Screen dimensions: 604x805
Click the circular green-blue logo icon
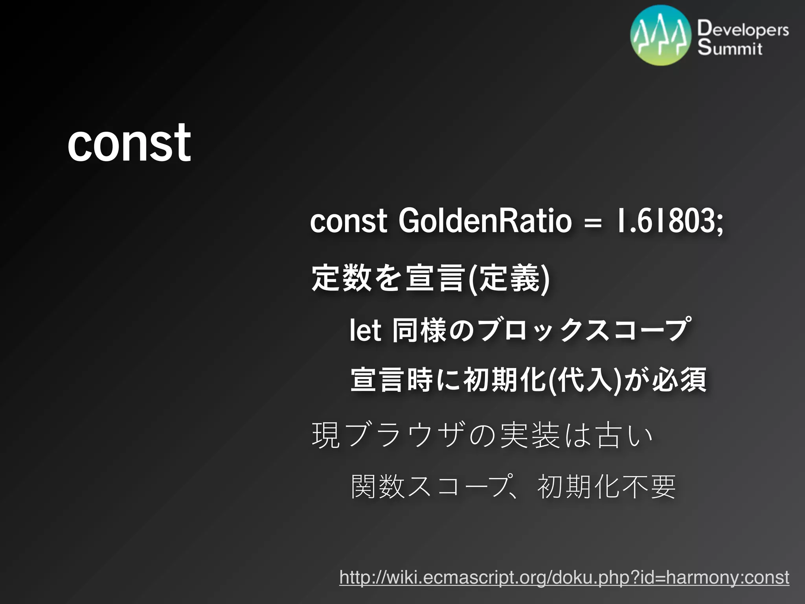[x=661, y=35]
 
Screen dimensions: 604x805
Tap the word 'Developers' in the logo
[x=743, y=29]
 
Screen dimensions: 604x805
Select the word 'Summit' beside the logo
[x=730, y=48]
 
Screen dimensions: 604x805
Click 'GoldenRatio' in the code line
[x=485, y=221]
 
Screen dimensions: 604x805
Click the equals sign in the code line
[x=593, y=223]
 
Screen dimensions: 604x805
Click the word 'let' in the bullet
[x=365, y=330]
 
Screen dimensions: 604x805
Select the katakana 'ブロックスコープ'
[x=584, y=330]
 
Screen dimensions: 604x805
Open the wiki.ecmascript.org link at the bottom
[x=564, y=577]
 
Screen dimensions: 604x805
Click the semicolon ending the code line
[x=720, y=223]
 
